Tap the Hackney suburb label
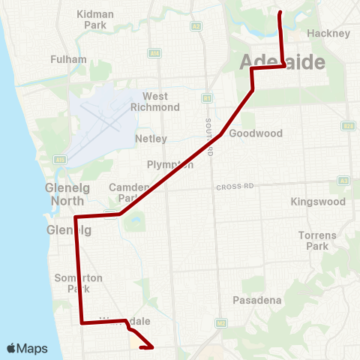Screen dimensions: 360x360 coord(328,34)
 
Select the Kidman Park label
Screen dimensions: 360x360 coord(95,19)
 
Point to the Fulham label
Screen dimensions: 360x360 coord(68,59)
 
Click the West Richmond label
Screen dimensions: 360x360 coord(155,101)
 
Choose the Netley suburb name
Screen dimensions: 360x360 coord(151,139)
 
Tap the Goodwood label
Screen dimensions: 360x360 coord(255,133)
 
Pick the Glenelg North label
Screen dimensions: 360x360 coord(67,194)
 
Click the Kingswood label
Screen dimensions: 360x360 coord(318,202)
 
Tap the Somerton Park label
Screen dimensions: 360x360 coord(73,283)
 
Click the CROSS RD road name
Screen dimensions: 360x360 coord(235,187)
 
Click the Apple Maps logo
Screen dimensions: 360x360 coord(27,348)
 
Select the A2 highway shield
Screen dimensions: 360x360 coord(196,25)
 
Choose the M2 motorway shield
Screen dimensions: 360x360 coord(220,323)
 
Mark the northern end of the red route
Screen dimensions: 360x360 coord(280,13)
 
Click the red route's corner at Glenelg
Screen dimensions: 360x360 coord(76,217)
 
